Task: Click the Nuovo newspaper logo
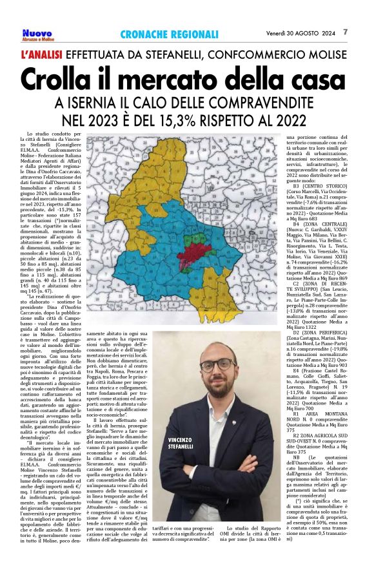pyautogui.click(x=38, y=34)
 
